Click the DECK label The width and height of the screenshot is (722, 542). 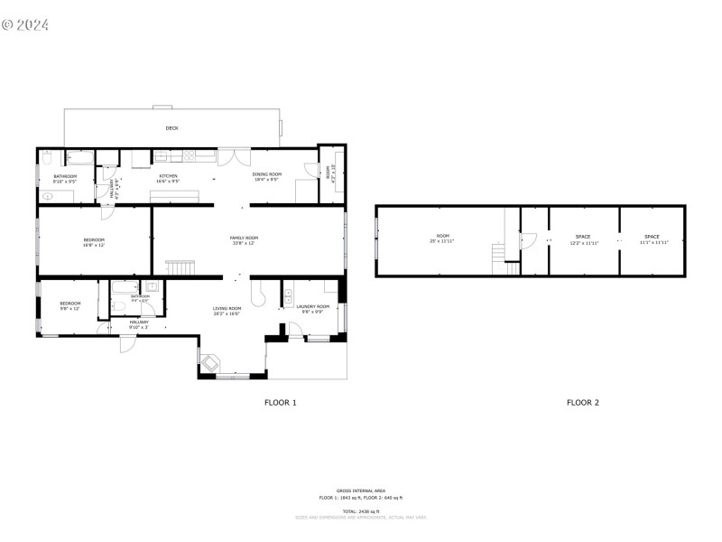pos(171,128)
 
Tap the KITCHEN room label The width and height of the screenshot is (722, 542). pos(169,176)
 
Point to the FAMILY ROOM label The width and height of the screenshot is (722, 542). pos(244,238)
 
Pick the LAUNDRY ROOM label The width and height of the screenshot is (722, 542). pos(313,307)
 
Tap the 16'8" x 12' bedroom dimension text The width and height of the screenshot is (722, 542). pos(94,245)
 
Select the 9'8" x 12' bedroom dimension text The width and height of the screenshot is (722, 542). pos(70,309)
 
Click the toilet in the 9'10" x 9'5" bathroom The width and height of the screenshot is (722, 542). pos(47,159)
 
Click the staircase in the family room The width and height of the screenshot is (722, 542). pos(180,267)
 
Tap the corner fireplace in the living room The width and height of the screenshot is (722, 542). pos(209,361)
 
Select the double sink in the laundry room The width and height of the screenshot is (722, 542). pos(287,297)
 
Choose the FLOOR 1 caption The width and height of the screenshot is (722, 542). pos(280,402)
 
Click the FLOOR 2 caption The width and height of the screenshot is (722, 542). pos(582,402)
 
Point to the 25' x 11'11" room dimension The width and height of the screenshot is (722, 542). pos(442,242)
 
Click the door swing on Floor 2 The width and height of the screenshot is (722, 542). pos(530,240)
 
